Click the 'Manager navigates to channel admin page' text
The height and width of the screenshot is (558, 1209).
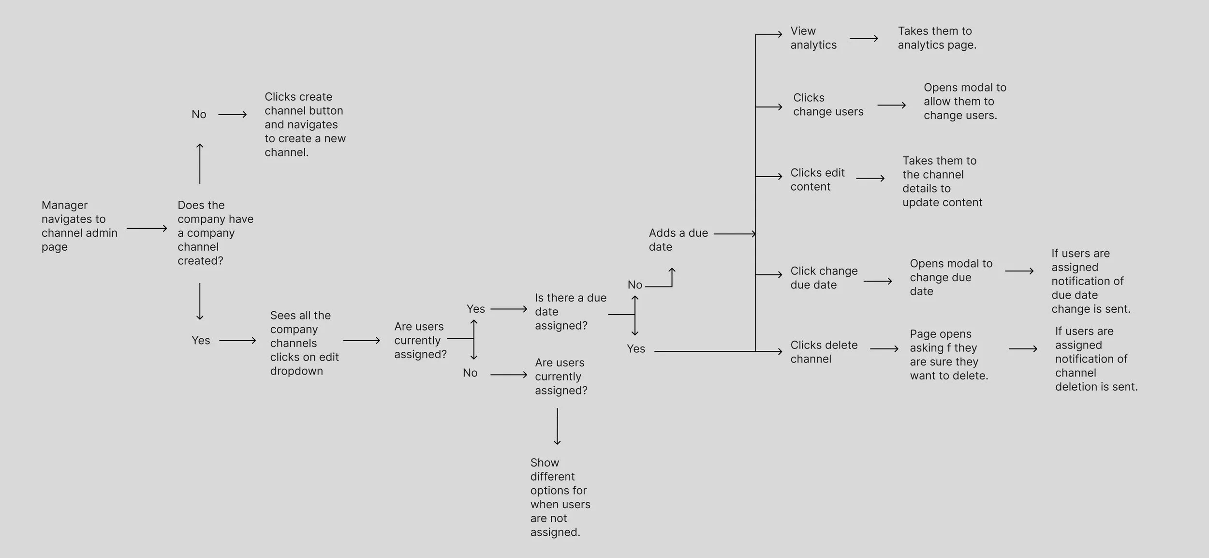coord(79,226)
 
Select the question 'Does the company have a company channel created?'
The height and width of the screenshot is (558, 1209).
coord(215,233)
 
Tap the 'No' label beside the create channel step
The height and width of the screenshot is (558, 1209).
coord(199,114)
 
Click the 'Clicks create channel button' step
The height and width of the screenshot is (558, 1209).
coord(305,124)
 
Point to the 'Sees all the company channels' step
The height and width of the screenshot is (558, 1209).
coord(304,343)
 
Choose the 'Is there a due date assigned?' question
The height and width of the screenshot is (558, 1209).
coord(570,312)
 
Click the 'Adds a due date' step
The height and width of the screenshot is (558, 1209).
coord(678,240)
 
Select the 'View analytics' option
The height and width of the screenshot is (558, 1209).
coord(813,38)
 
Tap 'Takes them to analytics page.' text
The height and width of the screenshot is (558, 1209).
coord(937,38)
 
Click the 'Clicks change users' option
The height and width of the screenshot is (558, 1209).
coord(828,105)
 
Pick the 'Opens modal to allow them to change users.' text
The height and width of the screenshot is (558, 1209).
coord(964,101)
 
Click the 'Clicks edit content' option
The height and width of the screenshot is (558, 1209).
coord(817,180)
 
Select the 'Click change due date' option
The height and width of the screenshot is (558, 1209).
coord(824,278)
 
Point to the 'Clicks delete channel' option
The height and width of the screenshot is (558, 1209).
coord(824,352)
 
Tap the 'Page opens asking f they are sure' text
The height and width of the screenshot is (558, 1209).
coord(948,355)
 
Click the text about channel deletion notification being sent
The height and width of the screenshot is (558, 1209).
coord(1096,359)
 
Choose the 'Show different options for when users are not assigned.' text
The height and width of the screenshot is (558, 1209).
coord(560,497)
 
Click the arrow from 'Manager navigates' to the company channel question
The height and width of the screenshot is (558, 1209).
coord(147,228)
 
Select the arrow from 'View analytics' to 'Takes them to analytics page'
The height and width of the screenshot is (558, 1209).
coord(863,38)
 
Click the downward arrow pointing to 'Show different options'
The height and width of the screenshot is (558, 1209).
coord(557,426)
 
